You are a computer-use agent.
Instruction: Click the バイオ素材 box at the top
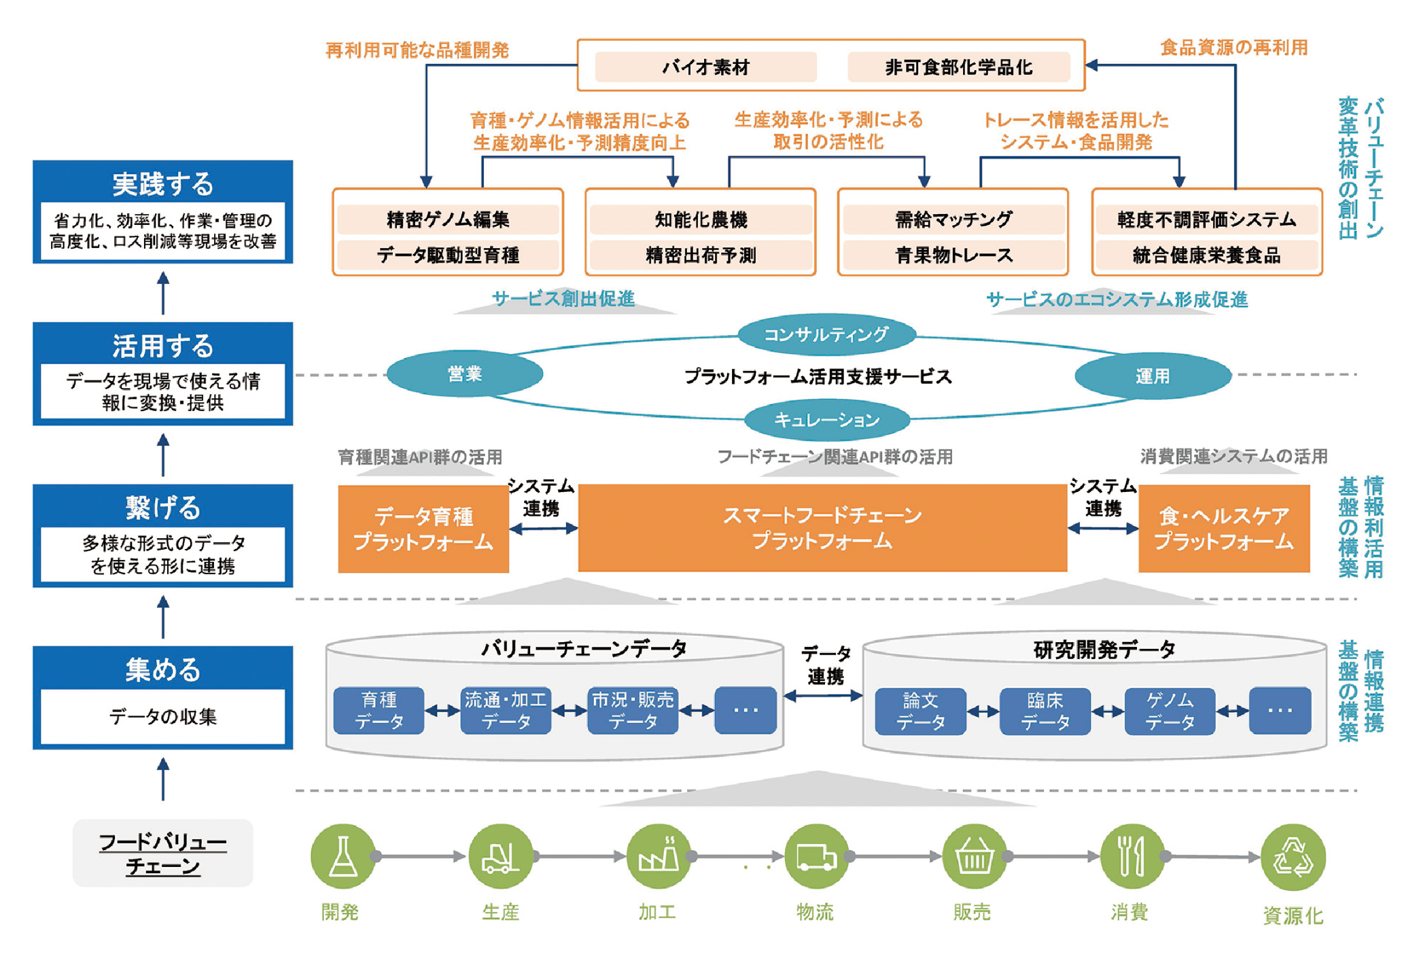pos(705,67)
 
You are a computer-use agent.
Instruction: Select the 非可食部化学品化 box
pos(958,67)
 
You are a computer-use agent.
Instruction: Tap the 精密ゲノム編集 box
pos(448,219)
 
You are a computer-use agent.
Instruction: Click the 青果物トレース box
pos(953,255)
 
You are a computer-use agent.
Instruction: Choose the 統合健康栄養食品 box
pos(1206,255)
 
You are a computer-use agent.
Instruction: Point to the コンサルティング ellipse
pos(826,334)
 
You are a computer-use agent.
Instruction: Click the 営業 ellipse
pos(465,374)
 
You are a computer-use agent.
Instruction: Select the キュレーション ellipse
pos(826,420)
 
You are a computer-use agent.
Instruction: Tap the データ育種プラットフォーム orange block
pos(423,529)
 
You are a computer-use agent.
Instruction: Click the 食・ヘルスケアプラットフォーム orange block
pos(1224,529)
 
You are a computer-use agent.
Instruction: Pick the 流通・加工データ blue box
pos(506,710)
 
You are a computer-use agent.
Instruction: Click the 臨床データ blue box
pos(1045,711)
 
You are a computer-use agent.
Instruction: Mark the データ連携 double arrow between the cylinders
pos(823,696)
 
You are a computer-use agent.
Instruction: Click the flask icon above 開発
pos(343,856)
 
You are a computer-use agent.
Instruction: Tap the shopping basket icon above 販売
pos(975,856)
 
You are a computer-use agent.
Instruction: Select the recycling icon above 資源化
pos(1293,857)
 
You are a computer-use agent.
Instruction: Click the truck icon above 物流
pos(816,856)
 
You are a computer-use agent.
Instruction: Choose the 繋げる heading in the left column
pos(163,508)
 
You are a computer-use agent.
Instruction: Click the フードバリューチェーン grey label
pos(163,853)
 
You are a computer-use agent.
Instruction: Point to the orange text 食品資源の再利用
pos(1233,48)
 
